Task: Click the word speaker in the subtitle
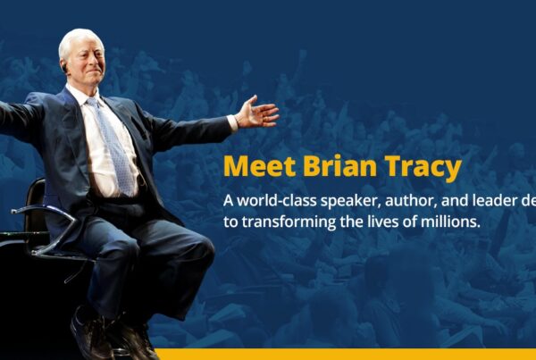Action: click(352, 202)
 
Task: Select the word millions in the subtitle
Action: click(451, 222)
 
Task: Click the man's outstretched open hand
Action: click(258, 113)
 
